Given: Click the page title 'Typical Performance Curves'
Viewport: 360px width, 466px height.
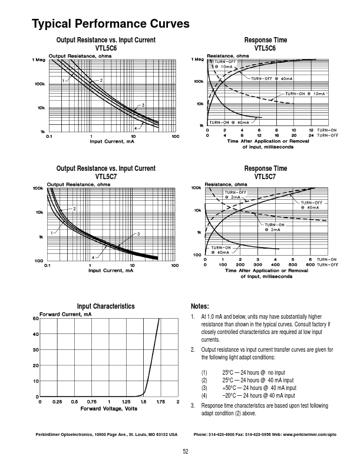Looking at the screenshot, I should point(110,24).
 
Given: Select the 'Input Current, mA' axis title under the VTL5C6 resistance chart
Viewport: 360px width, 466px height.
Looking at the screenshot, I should point(112,142).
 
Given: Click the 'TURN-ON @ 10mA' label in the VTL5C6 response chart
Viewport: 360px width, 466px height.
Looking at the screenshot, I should point(306,94).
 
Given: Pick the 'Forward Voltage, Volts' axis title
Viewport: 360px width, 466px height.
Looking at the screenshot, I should point(109,408).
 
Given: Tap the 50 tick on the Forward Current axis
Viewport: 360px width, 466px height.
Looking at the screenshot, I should point(35,319).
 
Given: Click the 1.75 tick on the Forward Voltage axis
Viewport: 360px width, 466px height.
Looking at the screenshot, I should point(160,402).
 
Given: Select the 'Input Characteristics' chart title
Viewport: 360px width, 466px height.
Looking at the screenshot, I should point(106,306).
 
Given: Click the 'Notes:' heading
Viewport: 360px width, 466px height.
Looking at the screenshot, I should point(200,306).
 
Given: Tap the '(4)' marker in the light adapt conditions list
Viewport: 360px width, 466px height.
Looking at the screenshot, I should point(204,396).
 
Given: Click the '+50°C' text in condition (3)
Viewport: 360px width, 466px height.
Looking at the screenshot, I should point(230,388).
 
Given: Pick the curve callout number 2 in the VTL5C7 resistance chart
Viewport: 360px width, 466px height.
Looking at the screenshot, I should point(75,209).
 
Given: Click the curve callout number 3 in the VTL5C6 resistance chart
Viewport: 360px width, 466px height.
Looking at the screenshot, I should point(143,104).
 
